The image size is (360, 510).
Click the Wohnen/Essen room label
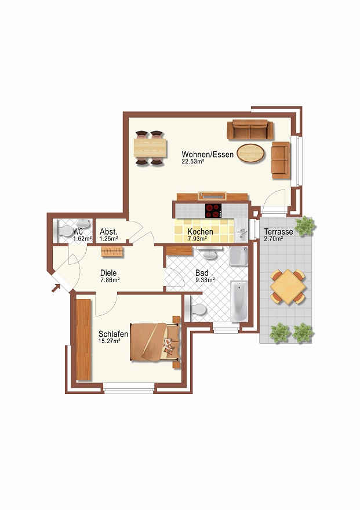208,155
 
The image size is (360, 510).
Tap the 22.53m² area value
193,162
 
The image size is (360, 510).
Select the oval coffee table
250,153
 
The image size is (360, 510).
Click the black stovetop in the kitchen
213,211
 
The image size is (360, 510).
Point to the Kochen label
201,232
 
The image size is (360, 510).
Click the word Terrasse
278,232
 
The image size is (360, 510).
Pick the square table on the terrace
288,286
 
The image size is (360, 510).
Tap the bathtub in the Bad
239,301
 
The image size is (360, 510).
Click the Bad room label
202,273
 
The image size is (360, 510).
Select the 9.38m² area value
205,280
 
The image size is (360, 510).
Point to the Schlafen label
113,334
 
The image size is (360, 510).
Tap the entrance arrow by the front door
56,288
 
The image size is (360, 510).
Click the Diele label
108,273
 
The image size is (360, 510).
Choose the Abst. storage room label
108,232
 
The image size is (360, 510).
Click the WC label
78,232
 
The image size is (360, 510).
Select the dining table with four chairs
150,148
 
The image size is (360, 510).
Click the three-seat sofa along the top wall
250,130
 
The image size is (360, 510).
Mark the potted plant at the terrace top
305,225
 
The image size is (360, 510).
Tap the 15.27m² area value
109,341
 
